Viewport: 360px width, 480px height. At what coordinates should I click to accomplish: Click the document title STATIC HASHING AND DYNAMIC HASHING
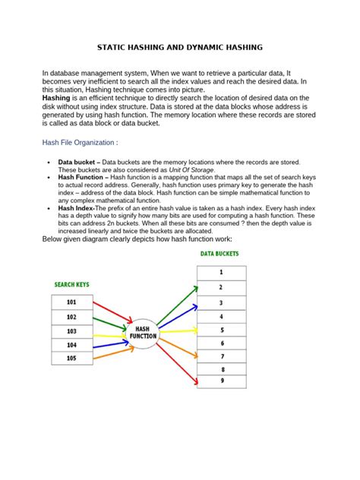180,47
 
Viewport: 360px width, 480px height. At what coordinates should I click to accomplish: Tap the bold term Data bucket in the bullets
80,163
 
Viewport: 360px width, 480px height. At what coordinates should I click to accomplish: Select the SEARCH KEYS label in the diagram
72,285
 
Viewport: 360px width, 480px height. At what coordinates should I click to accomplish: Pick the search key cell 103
72,331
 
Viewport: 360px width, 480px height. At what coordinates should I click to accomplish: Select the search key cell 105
72,358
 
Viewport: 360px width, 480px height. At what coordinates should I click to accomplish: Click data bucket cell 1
221,272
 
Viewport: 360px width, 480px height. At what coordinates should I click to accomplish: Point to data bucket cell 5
221,330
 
